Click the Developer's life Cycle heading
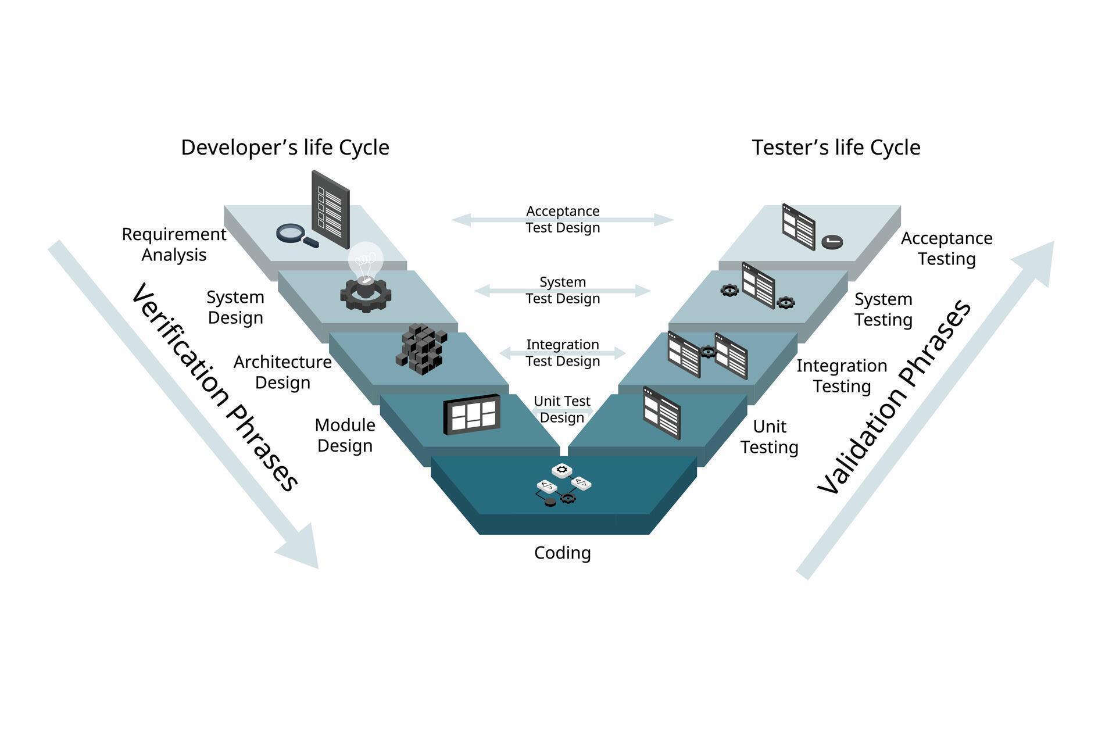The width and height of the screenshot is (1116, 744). point(285,148)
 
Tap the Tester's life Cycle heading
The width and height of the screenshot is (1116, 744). point(836,148)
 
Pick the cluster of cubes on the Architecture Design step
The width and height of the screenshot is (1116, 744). point(421,349)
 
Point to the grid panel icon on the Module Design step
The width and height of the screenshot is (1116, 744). point(472,414)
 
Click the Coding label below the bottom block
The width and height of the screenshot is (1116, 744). point(562,553)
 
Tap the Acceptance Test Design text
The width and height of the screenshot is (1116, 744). point(562,219)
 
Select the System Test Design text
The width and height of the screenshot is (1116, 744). point(562,290)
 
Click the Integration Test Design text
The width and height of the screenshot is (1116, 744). point(562,353)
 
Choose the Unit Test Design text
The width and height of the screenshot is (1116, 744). point(561,409)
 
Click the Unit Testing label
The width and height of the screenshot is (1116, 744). point(769,437)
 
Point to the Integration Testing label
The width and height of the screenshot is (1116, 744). point(841,375)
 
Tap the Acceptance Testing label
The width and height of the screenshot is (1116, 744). point(946,248)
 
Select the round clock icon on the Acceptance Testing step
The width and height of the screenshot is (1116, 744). point(832,242)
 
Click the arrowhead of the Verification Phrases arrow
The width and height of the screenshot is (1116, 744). point(302,549)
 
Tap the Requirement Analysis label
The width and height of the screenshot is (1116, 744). point(174,244)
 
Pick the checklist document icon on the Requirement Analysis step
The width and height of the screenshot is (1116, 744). point(331,209)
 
